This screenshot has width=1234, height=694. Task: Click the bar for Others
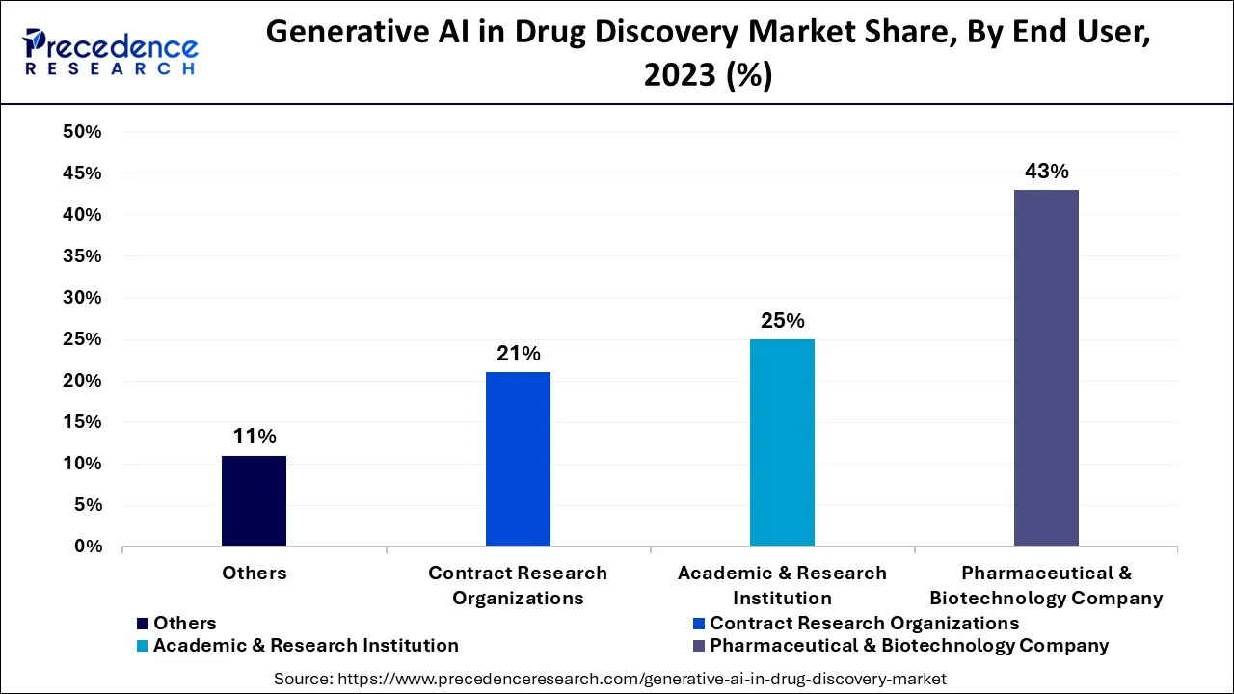click(x=254, y=501)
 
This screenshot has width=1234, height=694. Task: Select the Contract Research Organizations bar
click(x=518, y=460)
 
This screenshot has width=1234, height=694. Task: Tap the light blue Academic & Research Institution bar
click(x=782, y=443)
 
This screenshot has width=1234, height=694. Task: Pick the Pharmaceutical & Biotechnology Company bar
click(x=1046, y=368)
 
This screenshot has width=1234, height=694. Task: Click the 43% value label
click(x=1046, y=172)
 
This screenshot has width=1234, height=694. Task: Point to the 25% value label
click(x=782, y=321)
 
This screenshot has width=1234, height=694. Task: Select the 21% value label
click(x=518, y=354)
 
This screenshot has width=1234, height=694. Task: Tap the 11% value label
click(x=254, y=437)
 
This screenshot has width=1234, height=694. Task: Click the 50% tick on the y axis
click(x=82, y=132)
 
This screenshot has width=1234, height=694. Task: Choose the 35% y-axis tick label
click(x=82, y=256)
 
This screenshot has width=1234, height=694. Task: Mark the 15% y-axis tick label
click(x=82, y=422)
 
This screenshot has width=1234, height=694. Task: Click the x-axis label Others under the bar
click(x=254, y=573)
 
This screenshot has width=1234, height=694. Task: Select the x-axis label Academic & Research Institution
click(x=782, y=585)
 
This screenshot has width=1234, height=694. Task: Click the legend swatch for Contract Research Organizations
click(x=701, y=624)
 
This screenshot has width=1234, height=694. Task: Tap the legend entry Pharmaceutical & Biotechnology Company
click(x=909, y=646)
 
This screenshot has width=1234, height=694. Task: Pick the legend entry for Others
click(x=184, y=624)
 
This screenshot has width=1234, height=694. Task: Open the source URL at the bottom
click(x=609, y=679)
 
